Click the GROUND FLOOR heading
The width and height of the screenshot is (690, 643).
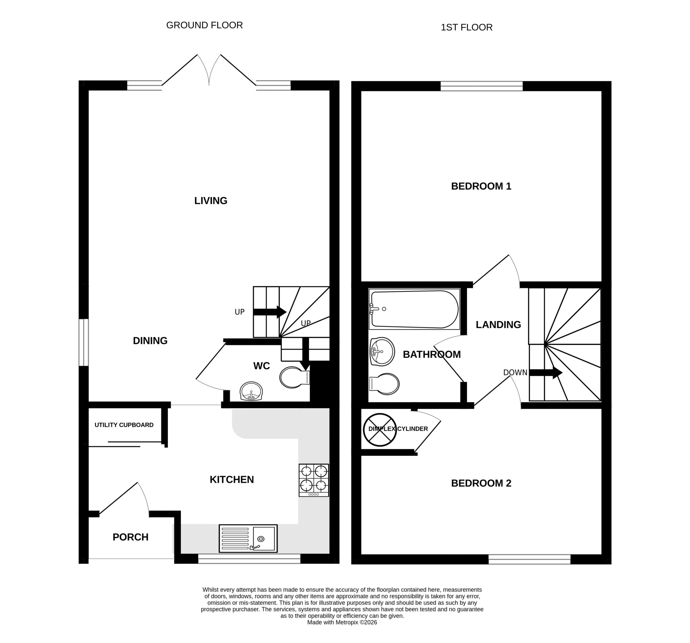coord(204,25)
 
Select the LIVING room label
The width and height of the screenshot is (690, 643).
coord(211,201)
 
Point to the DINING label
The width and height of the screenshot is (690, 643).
coord(150,341)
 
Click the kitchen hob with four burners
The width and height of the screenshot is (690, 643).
coord(314,480)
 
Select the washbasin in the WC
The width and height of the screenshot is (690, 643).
coord(251,391)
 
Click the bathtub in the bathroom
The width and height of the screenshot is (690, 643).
coord(415,309)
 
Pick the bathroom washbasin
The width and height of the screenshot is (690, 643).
coord(382,352)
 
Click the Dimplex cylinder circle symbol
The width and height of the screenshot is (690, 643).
coord(380,430)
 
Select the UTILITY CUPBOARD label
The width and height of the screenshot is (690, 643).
coord(124,425)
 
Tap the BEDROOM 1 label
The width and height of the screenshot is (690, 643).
coord(481,186)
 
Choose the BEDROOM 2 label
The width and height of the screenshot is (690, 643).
coord(481,483)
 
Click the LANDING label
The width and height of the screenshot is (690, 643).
coord(498,325)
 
